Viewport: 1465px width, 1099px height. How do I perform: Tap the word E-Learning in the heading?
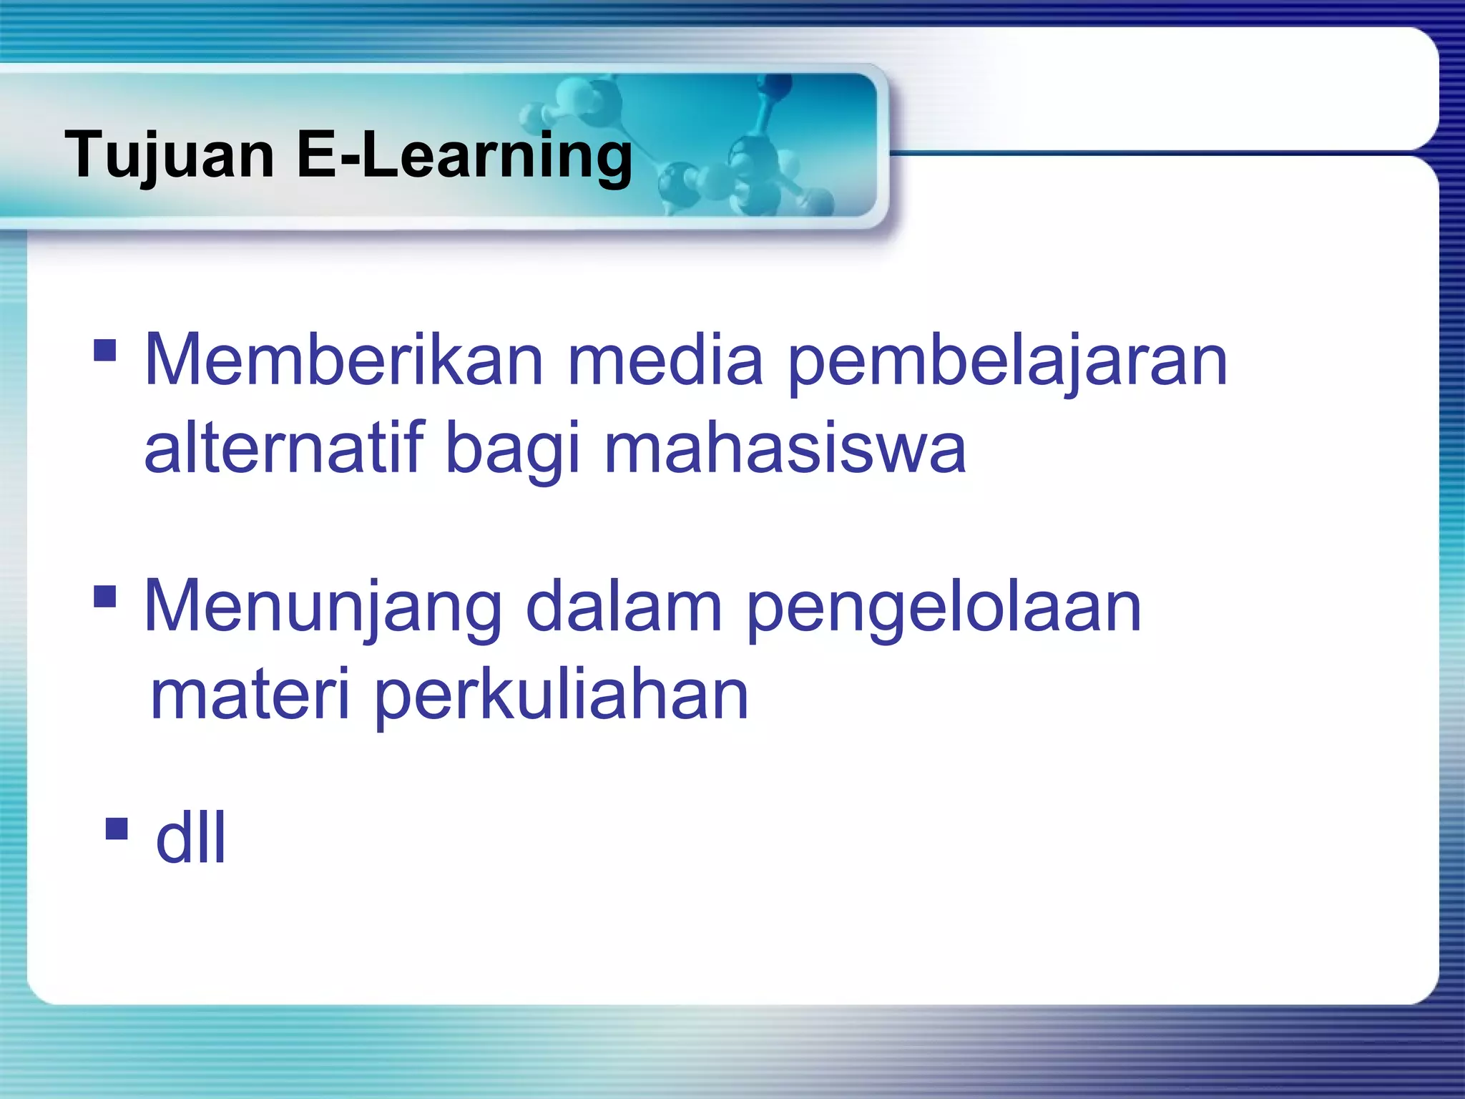[x=464, y=156]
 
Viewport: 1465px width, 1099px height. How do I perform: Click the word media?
[x=665, y=361]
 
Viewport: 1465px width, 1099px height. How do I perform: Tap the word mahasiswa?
[x=785, y=449]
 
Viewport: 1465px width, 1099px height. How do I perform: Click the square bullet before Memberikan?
[x=105, y=351]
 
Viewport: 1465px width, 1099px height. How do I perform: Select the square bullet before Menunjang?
[x=105, y=596]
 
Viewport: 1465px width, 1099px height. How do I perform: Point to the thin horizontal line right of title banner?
[x=1159, y=152]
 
